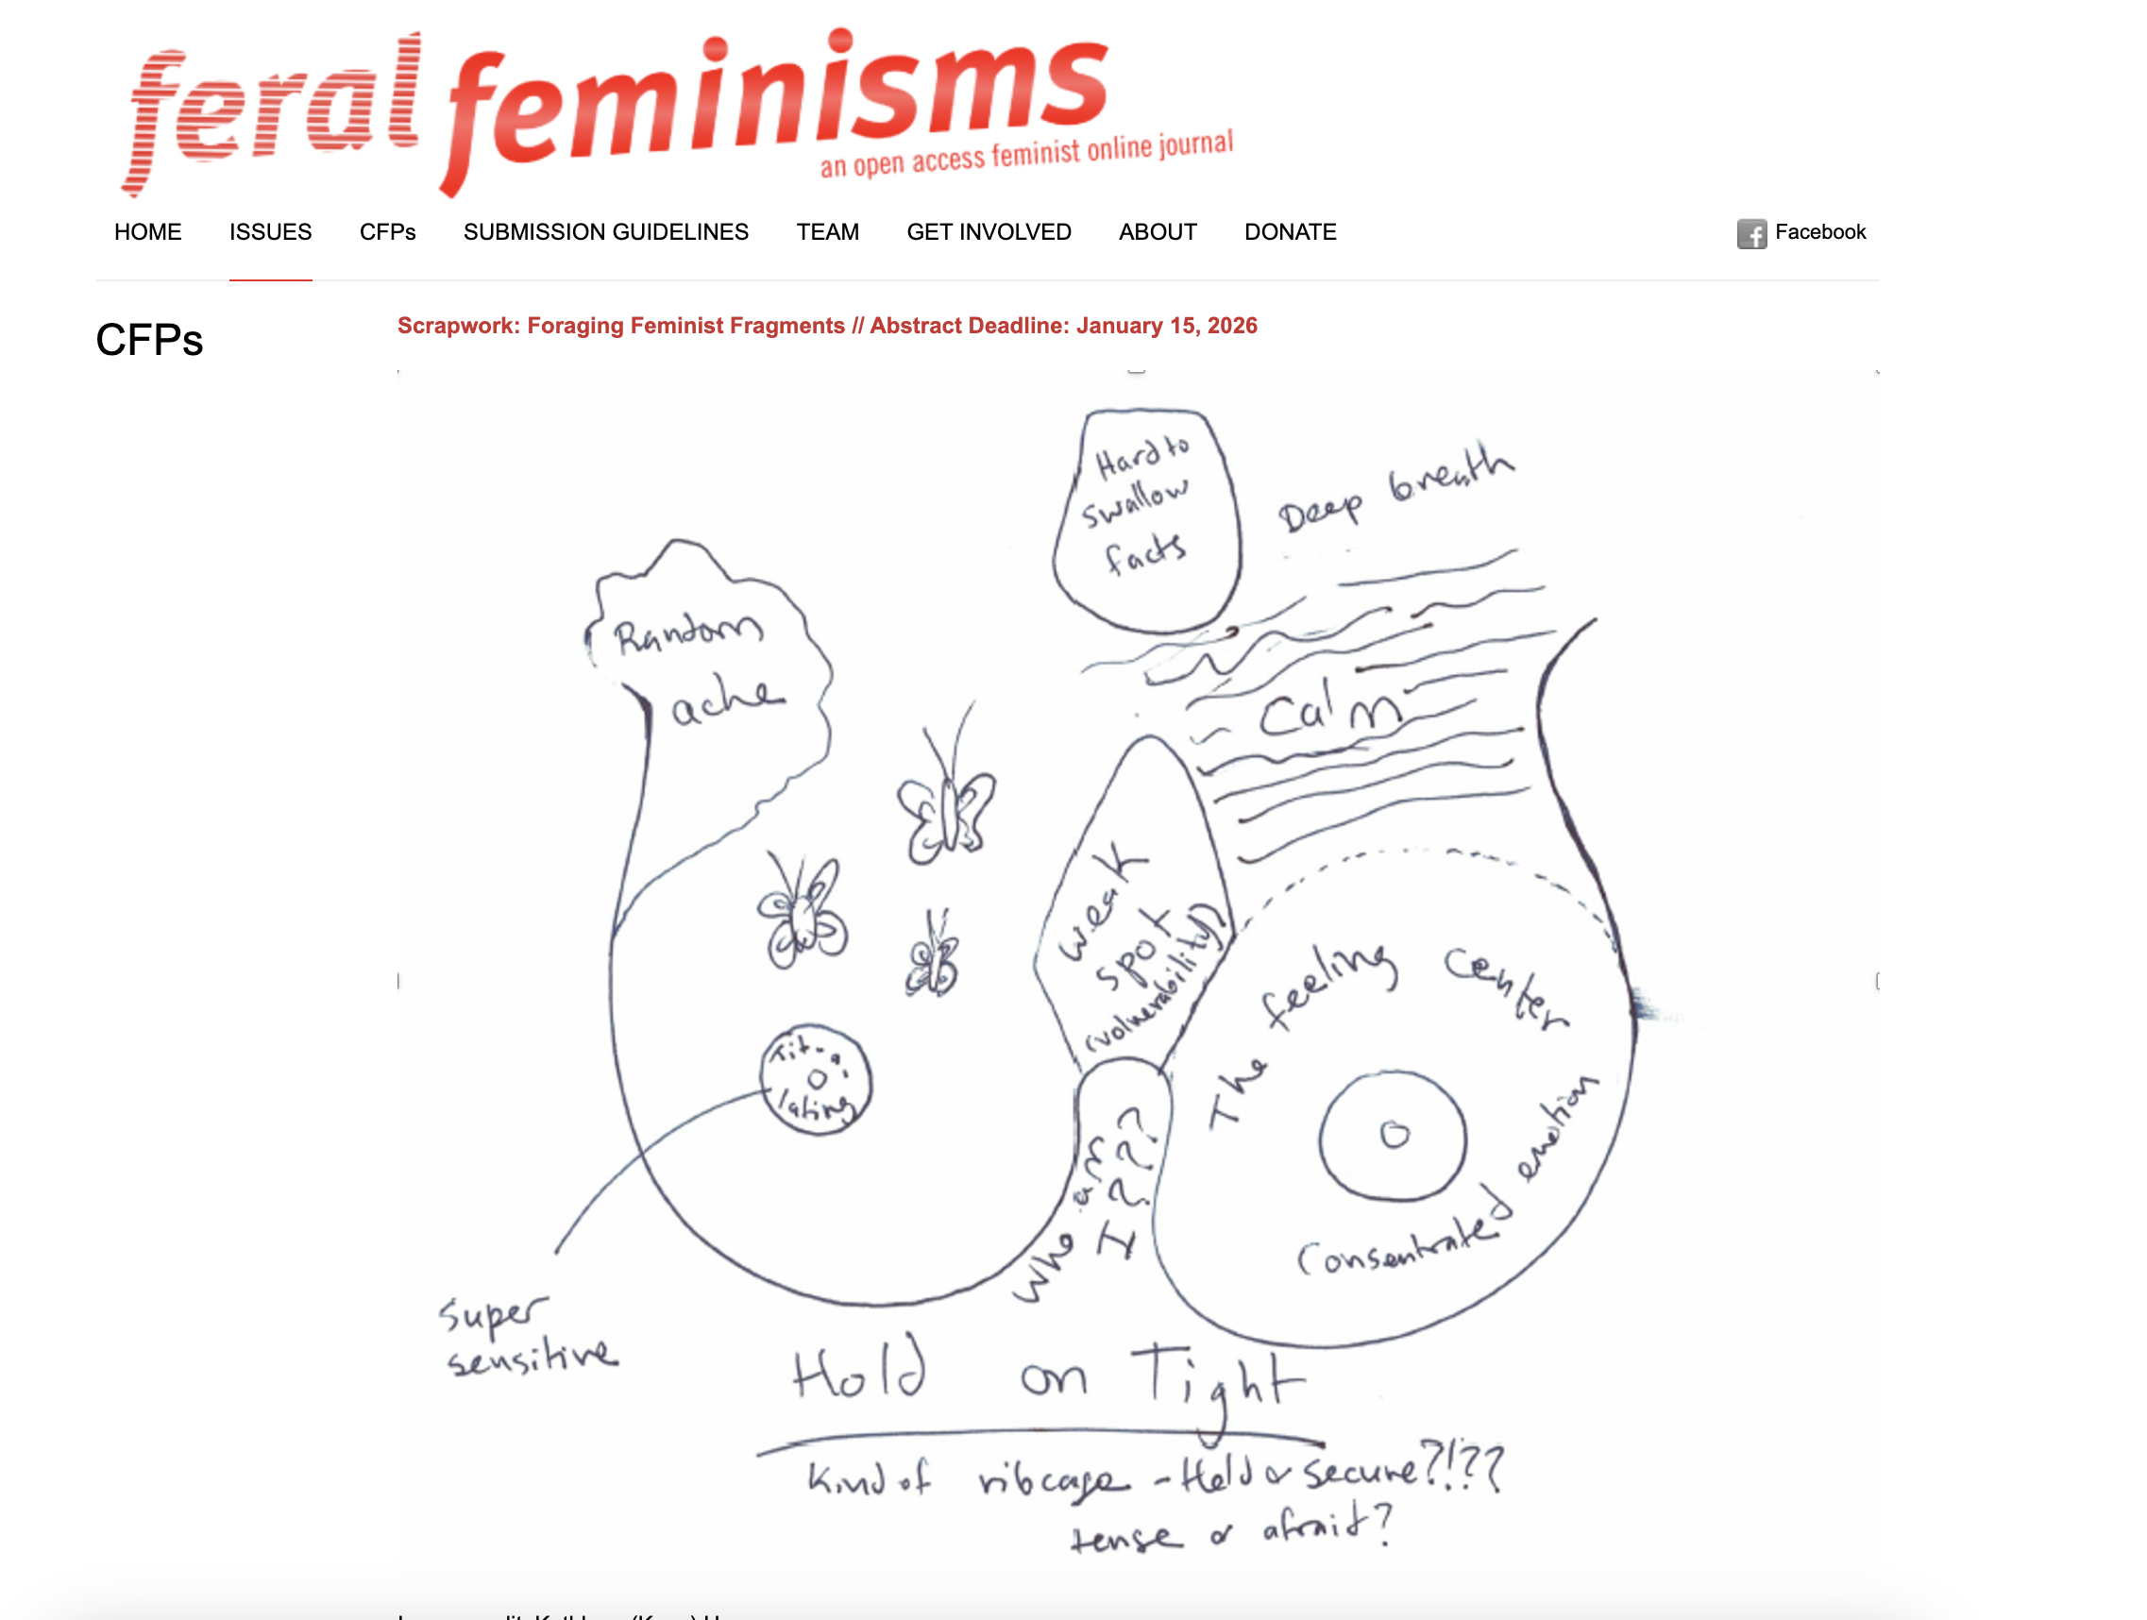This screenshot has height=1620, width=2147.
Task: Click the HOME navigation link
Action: pos(147,232)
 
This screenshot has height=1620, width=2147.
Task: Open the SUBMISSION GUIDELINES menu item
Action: pos(605,232)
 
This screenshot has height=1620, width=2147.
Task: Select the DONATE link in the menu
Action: pos(1290,232)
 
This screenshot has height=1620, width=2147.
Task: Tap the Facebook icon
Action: pos(1751,234)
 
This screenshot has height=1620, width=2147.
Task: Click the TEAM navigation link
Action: pos(827,232)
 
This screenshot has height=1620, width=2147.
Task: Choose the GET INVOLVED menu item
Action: pos(989,232)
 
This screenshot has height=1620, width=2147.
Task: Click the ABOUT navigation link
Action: pos(1157,232)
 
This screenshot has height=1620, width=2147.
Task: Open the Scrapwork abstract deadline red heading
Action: pos(827,325)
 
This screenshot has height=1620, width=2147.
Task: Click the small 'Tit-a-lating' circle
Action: pos(816,1079)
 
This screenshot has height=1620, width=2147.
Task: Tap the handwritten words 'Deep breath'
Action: pos(1394,487)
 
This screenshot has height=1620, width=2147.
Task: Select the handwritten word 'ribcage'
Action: pos(1053,1481)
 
